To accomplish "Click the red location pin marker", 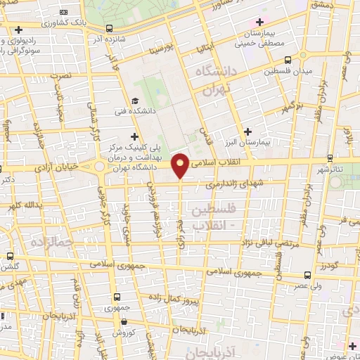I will coord(181,165).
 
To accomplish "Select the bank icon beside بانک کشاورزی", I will coord(65,12).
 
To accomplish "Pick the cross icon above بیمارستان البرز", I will coord(247,131).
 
